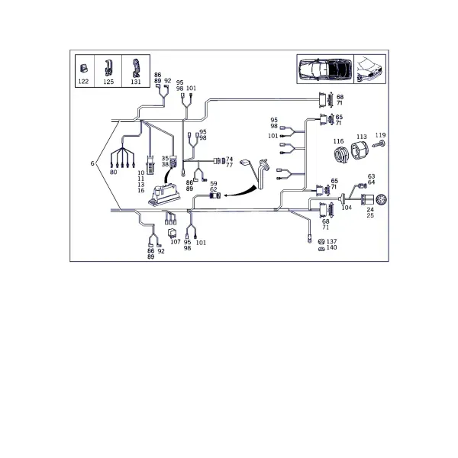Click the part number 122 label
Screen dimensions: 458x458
pos(83,82)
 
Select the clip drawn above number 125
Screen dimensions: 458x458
pos(108,68)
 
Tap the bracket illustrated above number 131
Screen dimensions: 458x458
pos(136,68)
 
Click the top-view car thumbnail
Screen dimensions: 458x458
pos(325,69)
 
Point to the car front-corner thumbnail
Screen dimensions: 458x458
pos(369,69)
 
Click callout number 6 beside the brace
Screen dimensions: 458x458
pos(92,163)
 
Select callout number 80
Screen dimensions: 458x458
pos(113,172)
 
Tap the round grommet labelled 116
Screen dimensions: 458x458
pos(341,154)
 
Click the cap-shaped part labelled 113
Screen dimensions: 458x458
pos(360,150)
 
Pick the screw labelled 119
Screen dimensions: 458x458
pos(379,144)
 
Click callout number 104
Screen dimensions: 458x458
pos(347,208)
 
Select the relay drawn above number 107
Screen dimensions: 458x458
pos(172,233)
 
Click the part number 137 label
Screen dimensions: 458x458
pos(331,241)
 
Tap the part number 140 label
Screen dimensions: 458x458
pos(331,247)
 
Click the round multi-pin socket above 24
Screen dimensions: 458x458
pos(382,200)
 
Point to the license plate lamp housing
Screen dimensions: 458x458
pos(164,195)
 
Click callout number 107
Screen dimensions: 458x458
pos(176,242)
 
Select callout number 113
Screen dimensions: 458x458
pos(362,137)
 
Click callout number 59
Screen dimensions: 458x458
pos(214,184)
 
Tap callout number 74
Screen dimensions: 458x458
pos(229,160)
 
